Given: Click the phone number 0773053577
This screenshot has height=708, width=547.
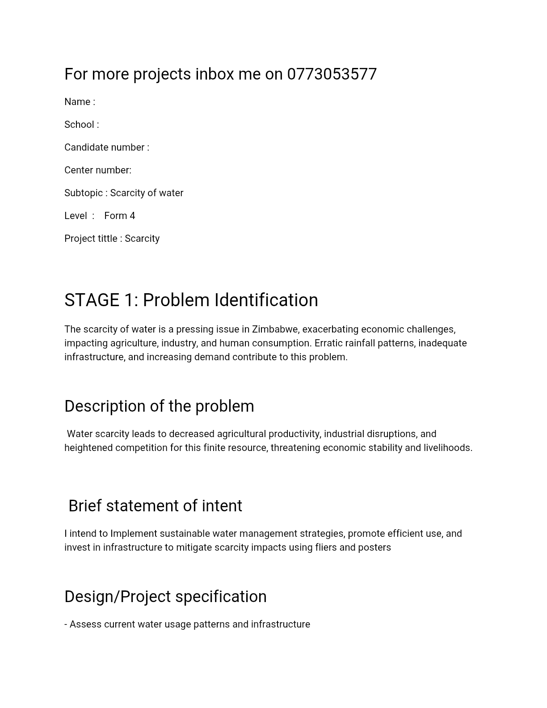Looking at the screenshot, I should coord(332,74).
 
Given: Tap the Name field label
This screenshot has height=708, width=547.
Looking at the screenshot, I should coord(77,102).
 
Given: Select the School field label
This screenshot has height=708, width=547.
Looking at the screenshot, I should coord(79,125).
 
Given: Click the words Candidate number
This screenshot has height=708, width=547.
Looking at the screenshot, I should coord(104,147).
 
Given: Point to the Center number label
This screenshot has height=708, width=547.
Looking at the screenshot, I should coord(97,170).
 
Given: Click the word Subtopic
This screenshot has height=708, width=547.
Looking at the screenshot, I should coord(84,193).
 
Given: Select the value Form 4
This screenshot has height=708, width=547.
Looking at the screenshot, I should coord(119,216).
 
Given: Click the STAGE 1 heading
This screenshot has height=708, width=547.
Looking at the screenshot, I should coord(191,300).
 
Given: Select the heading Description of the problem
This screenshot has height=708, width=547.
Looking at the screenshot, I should coord(159,406).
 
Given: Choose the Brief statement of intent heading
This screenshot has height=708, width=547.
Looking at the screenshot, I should coord(155,506).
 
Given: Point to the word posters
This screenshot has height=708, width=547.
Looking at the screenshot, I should coord(374,548).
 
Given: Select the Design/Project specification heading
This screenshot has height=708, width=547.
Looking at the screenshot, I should coord(165,597).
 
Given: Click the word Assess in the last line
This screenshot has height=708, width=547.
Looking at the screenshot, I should coord(85,624).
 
